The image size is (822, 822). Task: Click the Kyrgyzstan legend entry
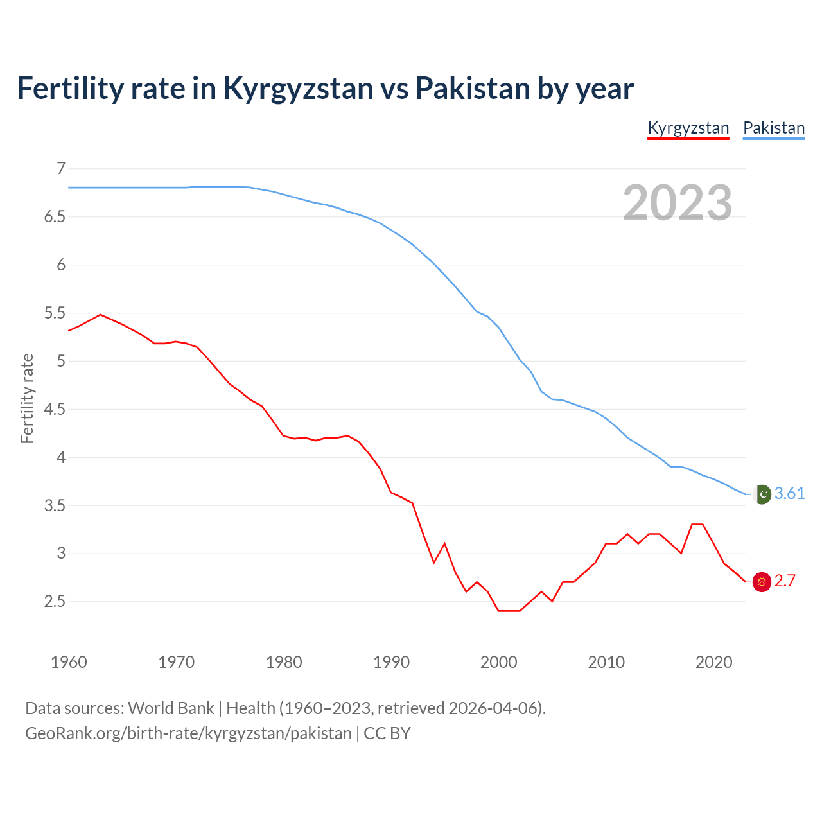click(688, 128)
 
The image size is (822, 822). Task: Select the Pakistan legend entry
click(773, 128)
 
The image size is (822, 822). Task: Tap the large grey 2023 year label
click(677, 203)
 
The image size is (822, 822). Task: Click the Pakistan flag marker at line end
click(762, 494)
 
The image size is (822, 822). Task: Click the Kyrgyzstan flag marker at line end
click(762, 582)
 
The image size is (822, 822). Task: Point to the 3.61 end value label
click(789, 493)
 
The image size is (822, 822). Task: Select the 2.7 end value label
click(785, 581)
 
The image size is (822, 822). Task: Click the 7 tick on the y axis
click(61, 168)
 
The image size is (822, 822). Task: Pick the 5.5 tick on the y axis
click(55, 313)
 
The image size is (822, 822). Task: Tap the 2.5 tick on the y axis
click(55, 601)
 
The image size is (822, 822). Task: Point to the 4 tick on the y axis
click(61, 457)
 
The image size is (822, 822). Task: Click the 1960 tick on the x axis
click(69, 661)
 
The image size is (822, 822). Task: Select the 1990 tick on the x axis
click(391, 661)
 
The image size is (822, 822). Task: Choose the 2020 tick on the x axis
click(713, 661)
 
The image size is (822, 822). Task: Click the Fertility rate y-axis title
click(27, 398)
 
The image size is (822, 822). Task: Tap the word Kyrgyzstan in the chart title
click(297, 88)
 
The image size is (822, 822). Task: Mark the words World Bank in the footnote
click(171, 708)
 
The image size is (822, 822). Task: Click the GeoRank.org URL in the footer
click(188, 733)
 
